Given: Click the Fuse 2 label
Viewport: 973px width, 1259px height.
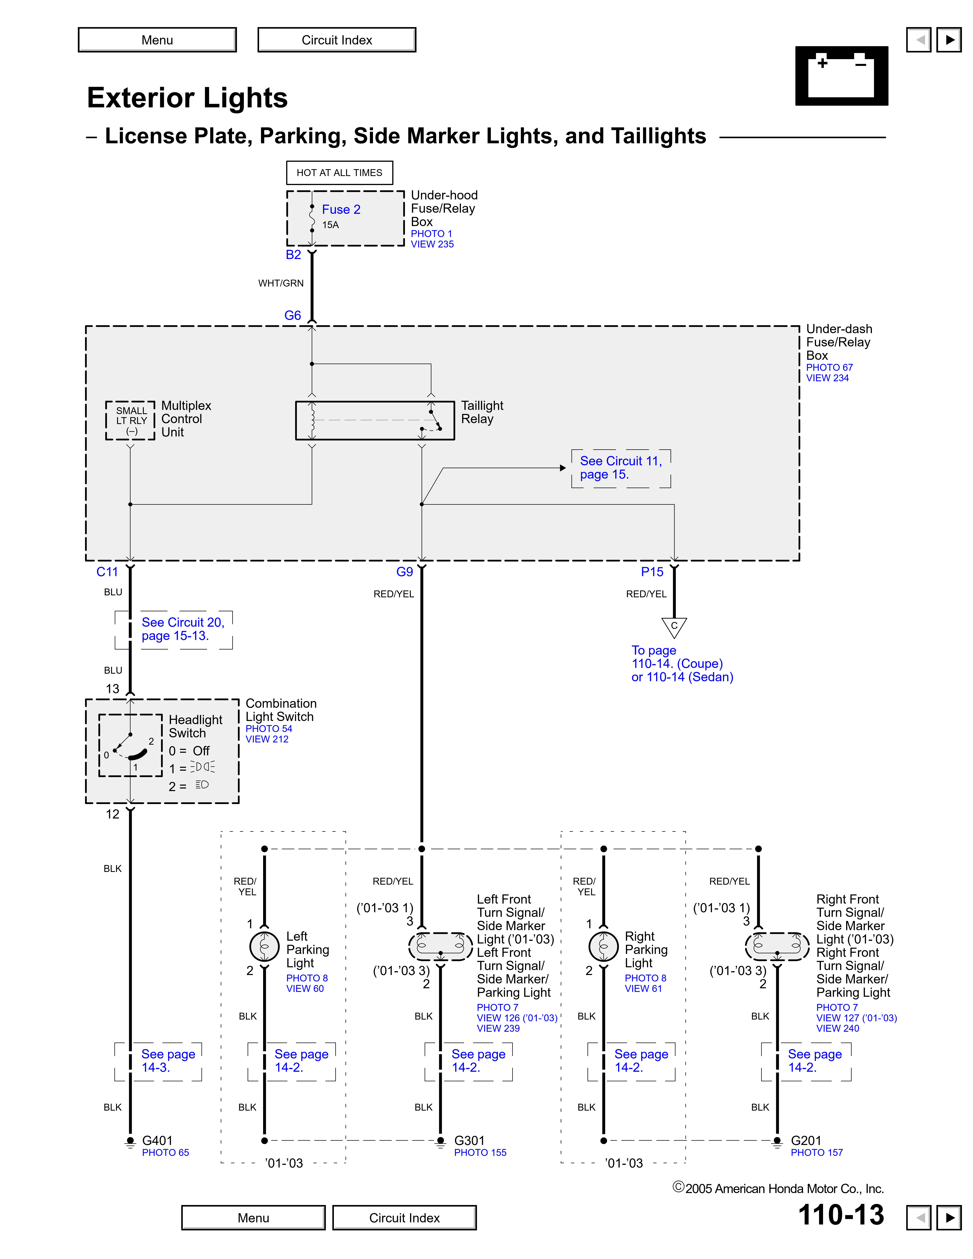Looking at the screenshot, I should pos(341,209).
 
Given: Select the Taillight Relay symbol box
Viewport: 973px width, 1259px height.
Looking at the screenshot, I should pos(375,420).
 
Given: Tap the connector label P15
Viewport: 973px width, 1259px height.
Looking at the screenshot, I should pos(652,572).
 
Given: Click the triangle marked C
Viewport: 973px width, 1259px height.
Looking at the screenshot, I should pos(674,627).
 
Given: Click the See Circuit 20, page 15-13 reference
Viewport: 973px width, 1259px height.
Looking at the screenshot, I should pos(182,629).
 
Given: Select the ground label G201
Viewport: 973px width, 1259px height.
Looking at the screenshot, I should pos(805,1140).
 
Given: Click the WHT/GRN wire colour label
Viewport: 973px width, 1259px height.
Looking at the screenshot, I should pos(281,283).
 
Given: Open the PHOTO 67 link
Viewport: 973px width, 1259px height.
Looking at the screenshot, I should pos(829,367).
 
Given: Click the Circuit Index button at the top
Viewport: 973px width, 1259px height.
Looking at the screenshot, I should pos(337,40).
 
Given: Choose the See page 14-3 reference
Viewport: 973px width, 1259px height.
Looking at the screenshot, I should pos(168,1061).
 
